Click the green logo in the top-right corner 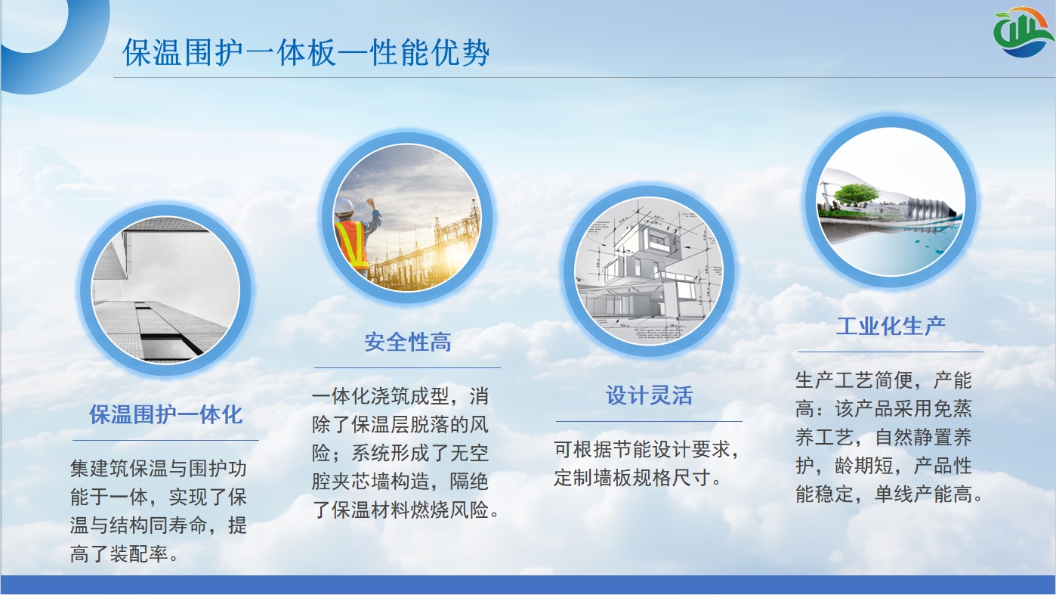tap(1023, 32)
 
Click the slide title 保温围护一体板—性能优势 tap(306, 52)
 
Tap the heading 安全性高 tap(408, 342)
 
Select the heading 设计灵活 tap(649, 395)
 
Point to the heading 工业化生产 tap(891, 326)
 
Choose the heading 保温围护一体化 tap(166, 414)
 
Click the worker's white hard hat tap(344, 206)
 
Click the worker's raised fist tap(372, 203)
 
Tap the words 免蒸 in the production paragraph tap(953, 408)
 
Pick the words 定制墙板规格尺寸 tap(632, 478)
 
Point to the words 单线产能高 tap(923, 494)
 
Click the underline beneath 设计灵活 tap(649, 421)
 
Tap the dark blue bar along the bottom tap(528, 584)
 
